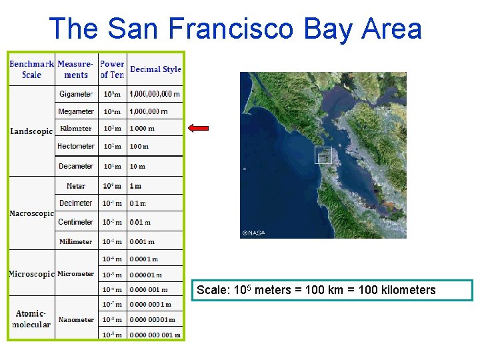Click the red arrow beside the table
pos(198,128)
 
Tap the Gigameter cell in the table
pos(76,95)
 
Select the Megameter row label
pos(76,112)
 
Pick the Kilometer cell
pos(76,129)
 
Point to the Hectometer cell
pos(76,146)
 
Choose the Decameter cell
pos(76,166)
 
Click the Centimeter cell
pos(76,222)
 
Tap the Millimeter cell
pos(76,241)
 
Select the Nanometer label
pos(76,320)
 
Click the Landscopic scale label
pos(31,131)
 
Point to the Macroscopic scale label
pos(31,214)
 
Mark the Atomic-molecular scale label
pos(31,319)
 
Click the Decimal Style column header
pos(155,69)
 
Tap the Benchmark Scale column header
pos(31,69)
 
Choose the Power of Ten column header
pos(112,69)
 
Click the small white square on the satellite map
pos(323,155)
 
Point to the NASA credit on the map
pos(254,233)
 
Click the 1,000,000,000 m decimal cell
pos(155,95)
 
